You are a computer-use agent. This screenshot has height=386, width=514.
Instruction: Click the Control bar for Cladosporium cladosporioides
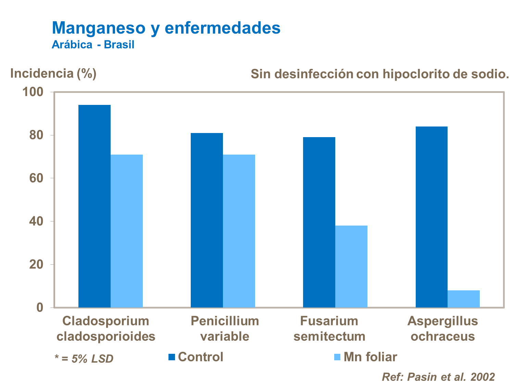click(x=95, y=206)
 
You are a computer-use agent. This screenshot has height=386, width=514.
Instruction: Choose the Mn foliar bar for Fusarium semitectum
click(x=351, y=266)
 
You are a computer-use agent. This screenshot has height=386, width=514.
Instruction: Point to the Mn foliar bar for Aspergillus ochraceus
click(x=464, y=299)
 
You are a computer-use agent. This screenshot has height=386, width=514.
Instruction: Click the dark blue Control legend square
click(x=172, y=357)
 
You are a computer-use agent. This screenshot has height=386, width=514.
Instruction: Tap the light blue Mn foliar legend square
click(x=337, y=357)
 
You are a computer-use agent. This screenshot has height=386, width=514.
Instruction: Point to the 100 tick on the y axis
click(x=33, y=92)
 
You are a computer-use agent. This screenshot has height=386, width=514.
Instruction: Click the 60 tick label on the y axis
click(x=36, y=178)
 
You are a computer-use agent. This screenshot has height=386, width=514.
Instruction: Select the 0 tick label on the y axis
click(x=40, y=307)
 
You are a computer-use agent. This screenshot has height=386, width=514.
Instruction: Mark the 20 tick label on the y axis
click(x=36, y=265)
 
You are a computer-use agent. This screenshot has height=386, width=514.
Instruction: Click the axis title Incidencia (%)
click(x=53, y=73)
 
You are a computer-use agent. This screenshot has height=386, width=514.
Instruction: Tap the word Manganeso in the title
click(x=99, y=28)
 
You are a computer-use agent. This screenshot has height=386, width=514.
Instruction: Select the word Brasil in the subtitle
click(x=119, y=45)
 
